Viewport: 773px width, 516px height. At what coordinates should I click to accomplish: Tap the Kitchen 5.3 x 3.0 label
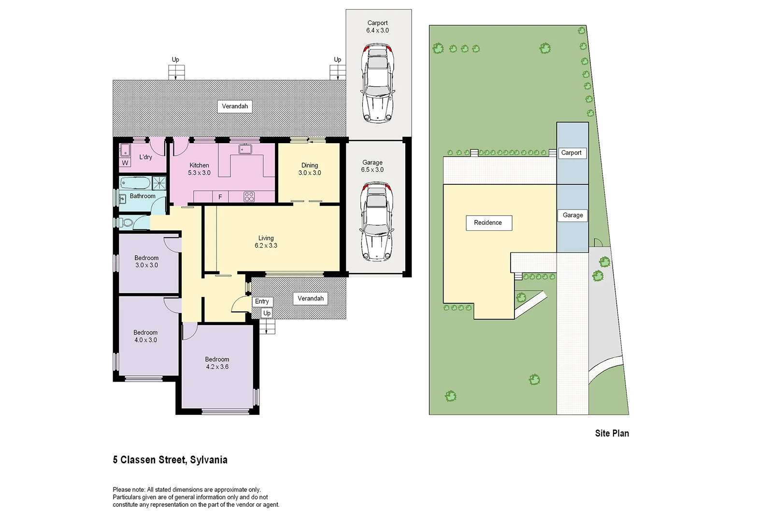click(199, 169)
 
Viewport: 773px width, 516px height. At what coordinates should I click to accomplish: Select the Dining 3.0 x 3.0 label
click(310, 169)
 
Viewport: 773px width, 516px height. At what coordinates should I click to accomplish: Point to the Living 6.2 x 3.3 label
click(266, 242)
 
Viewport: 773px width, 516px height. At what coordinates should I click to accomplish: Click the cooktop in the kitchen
click(249, 196)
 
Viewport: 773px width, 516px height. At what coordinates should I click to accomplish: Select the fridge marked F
click(220, 197)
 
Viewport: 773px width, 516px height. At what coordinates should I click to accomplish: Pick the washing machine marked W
click(125, 163)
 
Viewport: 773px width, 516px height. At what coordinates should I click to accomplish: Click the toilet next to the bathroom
click(127, 223)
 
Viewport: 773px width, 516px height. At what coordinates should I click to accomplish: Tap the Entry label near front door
click(262, 301)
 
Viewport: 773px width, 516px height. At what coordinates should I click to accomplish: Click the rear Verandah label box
click(235, 106)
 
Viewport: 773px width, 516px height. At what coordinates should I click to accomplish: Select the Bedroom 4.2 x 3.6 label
click(217, 363)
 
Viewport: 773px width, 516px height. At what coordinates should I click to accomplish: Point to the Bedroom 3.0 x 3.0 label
click(146, 262)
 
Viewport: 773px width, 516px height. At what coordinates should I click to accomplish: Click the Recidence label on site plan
click(488, 223)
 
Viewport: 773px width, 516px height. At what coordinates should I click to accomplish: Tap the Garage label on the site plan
click(573, 215)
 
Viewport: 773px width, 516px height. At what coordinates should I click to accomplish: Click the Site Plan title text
click(612, 433)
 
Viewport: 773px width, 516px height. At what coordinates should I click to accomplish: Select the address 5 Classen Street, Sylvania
click(170, 459)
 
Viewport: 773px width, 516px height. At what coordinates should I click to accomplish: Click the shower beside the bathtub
click(159, 183)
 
